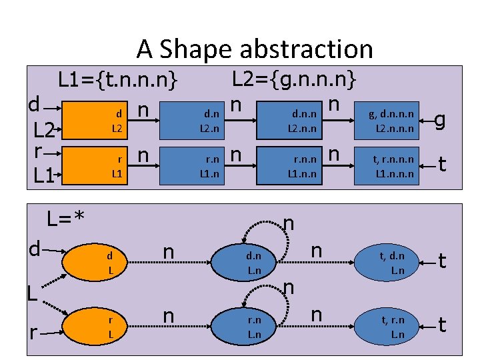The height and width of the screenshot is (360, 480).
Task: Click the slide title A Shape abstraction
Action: coord(255,49)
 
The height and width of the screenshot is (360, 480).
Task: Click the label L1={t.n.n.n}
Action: coord(118,81)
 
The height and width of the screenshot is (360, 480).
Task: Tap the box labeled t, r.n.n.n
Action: coord(394,165)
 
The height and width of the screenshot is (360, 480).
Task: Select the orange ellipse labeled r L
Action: coord(111,325)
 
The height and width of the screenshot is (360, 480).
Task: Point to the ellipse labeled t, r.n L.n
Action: coord(397,325)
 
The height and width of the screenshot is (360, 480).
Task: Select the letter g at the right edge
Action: coord(440,120)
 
